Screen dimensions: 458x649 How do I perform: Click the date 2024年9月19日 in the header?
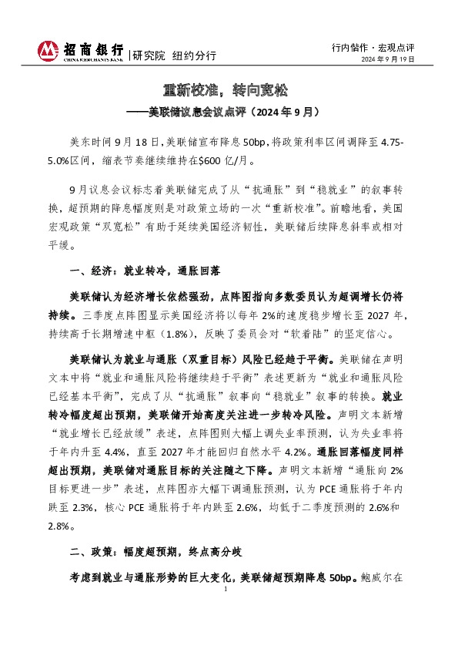pos(389,59)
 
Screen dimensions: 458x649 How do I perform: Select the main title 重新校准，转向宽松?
pos(229,91)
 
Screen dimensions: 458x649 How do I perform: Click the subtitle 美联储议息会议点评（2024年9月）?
pos(234,112)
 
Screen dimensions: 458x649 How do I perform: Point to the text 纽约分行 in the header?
pos(193,55)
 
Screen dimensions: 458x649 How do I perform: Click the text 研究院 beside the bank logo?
pos(149,55)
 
